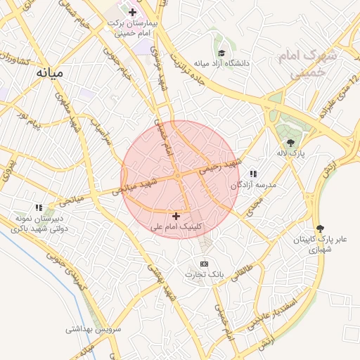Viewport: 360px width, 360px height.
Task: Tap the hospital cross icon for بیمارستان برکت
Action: [132, 12]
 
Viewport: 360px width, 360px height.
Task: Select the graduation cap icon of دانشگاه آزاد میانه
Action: [222, 53]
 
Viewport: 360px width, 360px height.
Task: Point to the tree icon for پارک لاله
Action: [291, 143]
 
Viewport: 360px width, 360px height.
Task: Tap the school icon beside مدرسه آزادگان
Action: [253, 174]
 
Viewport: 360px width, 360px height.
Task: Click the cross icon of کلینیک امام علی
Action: [176, 216]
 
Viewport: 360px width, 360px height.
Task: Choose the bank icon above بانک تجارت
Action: [204, 263]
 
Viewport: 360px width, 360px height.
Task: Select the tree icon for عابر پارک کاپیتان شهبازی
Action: [321, 229]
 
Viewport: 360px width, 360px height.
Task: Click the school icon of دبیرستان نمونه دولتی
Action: [39, 207]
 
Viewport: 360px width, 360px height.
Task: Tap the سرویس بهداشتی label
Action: [94, 328]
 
